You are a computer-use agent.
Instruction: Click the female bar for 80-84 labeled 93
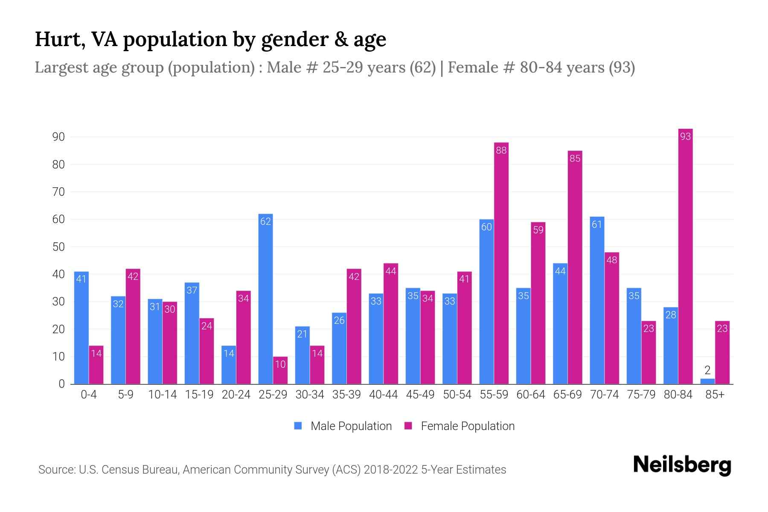pos(685,256)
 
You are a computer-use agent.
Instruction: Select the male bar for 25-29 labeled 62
pos(265,299)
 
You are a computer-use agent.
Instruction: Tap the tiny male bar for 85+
pos(707,381)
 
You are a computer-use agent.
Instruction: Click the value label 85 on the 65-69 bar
pos(575,159)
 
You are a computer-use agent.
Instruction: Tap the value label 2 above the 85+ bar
pos(707,370)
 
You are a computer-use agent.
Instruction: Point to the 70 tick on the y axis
pos(58,192)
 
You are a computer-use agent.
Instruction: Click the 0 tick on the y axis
pos(62,384)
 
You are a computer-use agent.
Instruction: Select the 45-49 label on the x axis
pos(420,395)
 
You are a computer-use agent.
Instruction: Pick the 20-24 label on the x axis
pos(236,395)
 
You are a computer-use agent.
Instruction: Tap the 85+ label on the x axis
pos(715,395)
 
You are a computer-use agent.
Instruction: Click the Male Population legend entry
pos(351,426)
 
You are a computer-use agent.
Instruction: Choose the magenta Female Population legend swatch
pos(408,426)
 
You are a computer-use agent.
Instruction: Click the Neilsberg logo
pos(682,465)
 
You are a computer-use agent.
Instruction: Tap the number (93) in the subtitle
pos(622,67)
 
